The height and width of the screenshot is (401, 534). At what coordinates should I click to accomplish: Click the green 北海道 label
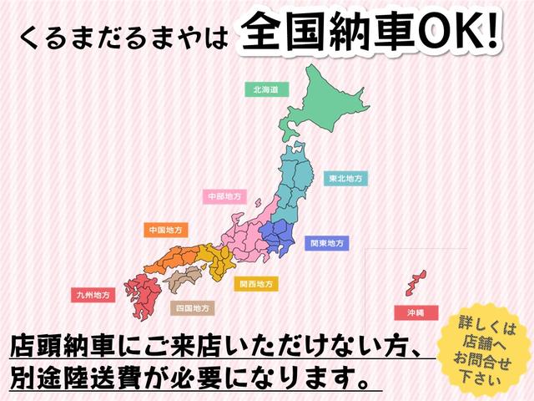pyautogui.click(x=265, y=88)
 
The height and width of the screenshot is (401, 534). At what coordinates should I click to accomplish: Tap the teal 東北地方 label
pyautogui.click(x=344, y=178)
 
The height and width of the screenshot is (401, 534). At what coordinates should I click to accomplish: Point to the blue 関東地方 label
pyautogui.click(x=327, y=243)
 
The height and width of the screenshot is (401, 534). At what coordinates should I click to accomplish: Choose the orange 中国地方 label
pyautogui.click(x=165, y=229)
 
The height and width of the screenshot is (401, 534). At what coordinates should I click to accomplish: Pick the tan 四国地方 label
pyautogui.click(x=192, y=307)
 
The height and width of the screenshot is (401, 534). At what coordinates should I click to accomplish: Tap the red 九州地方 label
pyautogui.click(x=92, y=295)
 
